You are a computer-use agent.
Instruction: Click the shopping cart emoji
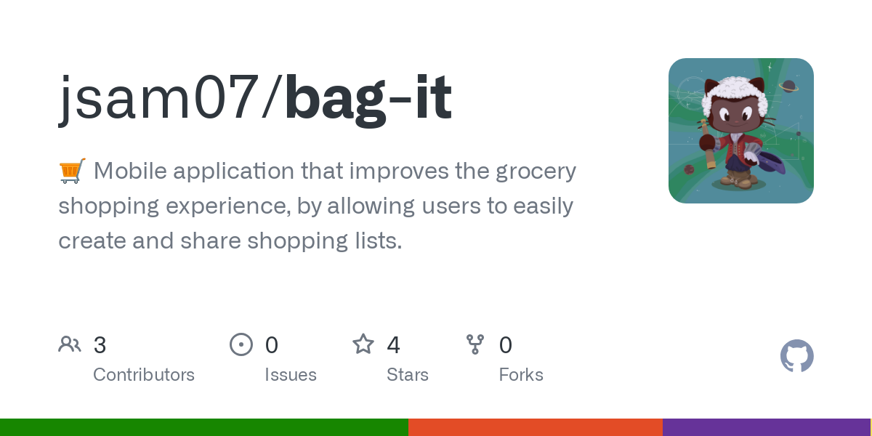(x=72, y=171)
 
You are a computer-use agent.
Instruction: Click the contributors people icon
(x=70, y=344)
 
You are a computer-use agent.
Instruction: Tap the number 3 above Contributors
(x=100, y=345)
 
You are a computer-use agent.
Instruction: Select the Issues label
(x=291, y=375)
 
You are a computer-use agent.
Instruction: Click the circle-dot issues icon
(x=241, y=344)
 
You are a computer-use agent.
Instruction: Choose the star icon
(x=363, y=344)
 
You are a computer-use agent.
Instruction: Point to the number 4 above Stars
(x=394, y=345)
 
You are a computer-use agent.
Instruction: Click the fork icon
(x=475, y=344)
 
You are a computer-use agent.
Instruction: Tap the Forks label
(x=521, y=375)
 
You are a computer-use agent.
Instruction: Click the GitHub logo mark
(x=797, y=356)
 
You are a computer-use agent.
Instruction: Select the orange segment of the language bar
(x=536, y=427)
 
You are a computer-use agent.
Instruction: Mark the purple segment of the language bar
(x=766, y=427)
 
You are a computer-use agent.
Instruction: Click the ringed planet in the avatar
(x=788, y=86)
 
